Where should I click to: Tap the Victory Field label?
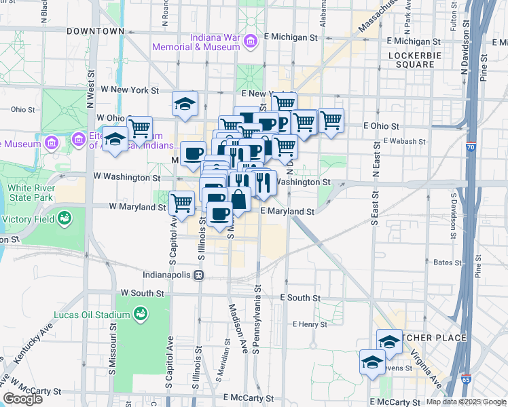coord(29,219)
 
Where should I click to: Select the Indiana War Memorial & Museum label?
coord(197,41)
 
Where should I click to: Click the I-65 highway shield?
coord(466,379)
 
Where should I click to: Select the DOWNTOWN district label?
coord(95,31)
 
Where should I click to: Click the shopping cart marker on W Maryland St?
coord(182,202)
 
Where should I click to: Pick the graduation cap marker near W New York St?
coord(184,104)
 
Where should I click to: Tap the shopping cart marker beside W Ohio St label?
coord(139,127)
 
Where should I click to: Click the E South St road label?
coord(300,298)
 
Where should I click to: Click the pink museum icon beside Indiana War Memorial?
coord(251,42)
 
